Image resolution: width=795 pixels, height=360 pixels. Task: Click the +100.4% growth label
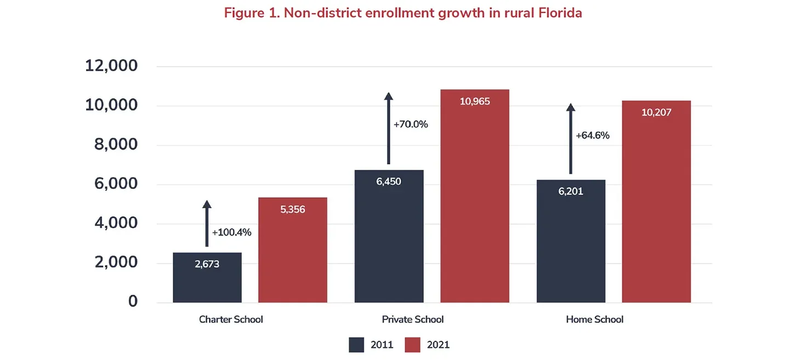pyautogui.click(x=231, y=232)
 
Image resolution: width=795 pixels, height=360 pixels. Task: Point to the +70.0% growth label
pyautogui.click(x=411, y=124)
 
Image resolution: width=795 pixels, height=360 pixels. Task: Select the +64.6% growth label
pyautogui.click(x=593, y=135)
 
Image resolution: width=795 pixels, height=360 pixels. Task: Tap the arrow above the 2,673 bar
pyautogui.click(x=207, y=224)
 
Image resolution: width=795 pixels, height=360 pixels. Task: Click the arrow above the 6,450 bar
pyautogui.click(x=389, y=128)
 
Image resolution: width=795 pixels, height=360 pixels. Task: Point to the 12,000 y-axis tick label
pyautogui.click(x=111, y=66)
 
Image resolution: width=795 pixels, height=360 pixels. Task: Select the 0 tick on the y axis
pyautogui.click(x=133, y=301)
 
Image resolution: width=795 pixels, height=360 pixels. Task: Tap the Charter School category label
pyautogui.click(x=231, y=319)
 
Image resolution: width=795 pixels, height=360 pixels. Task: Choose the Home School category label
pyautogui.click(x=594, y=319)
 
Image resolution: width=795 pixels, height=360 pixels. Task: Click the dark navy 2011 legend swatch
pyautogui.click(x=356, y=345)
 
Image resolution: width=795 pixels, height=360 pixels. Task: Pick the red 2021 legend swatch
pyautogui.click(x=412, y=345)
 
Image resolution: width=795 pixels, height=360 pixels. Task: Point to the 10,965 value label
pyautogui.click(x=475, y=102)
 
